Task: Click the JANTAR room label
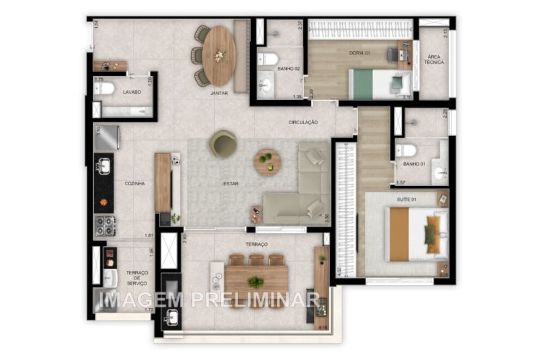[x=219, y=93]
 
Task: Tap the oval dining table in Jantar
[x=219, y=56]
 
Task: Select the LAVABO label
[x=132, y=92]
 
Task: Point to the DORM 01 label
[x=360, y=53]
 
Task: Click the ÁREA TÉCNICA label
[x=434, y=59]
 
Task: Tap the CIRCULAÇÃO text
[x=303, y=123]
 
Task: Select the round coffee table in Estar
[x=268, y=162]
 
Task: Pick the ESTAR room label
[x=231, y=184]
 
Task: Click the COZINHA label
[x=134, y=184]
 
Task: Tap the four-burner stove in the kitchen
[x=105, y=225]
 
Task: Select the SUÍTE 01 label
[x=407, y=200]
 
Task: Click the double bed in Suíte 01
[x=414, y=234]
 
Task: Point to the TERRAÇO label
[x=257, y=245]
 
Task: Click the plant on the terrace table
[x=255, y=282]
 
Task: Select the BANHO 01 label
[x=414, y=163]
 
